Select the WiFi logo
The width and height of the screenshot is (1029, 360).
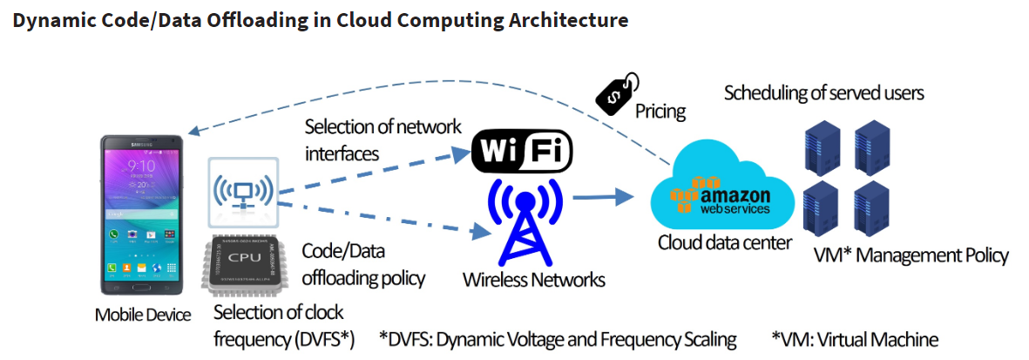[521, 150]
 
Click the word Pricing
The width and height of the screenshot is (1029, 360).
[660, 112]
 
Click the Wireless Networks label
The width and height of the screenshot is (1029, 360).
[533, 280]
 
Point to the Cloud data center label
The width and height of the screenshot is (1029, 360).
[724, 242]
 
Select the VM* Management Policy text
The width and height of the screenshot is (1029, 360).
[911, 255]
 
